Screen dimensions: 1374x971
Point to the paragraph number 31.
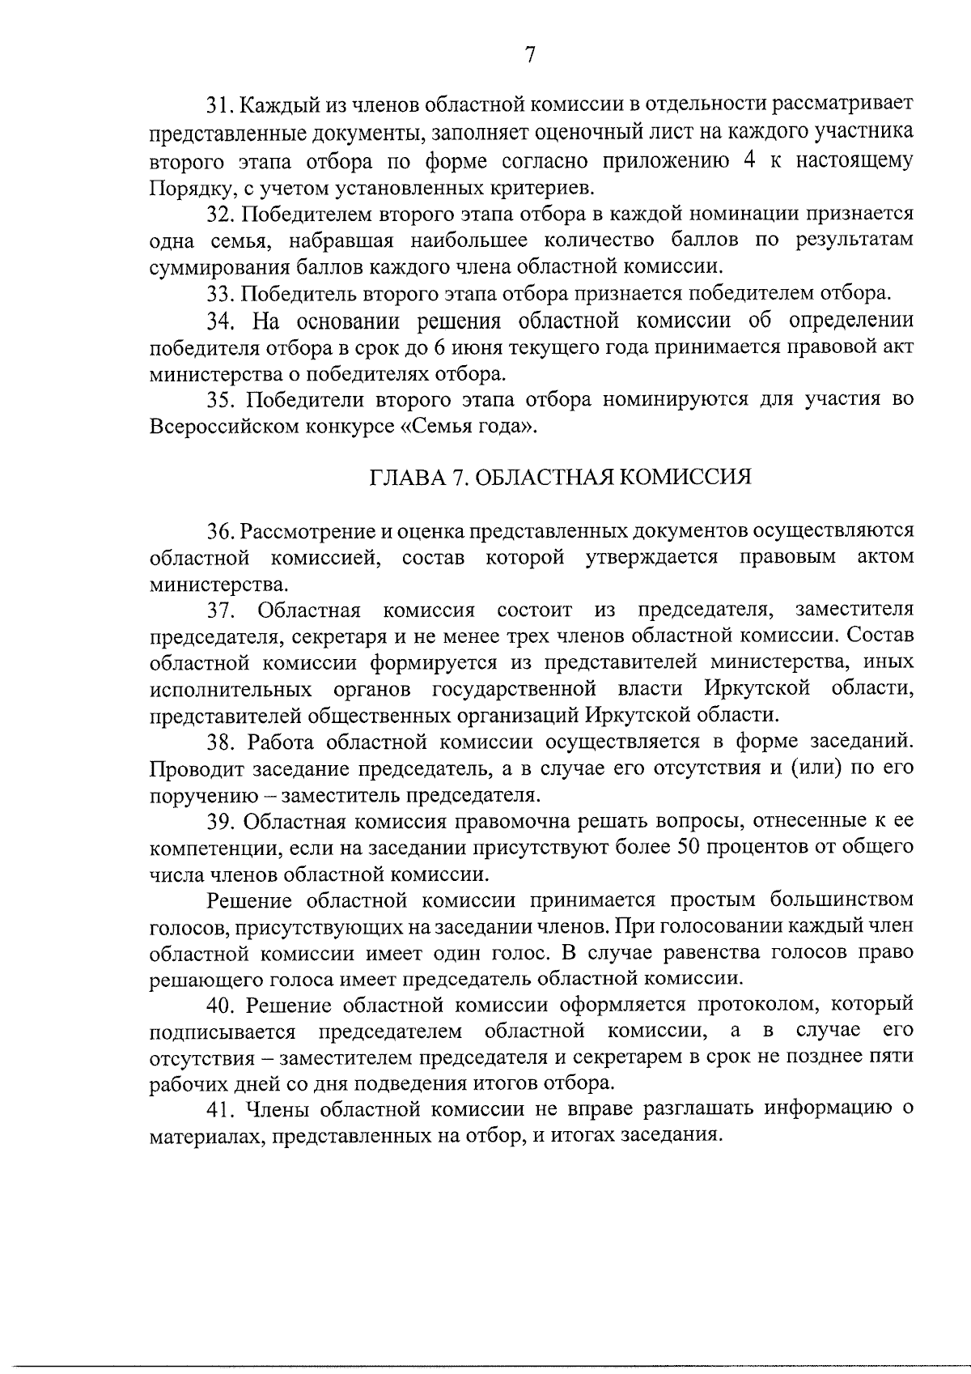220,104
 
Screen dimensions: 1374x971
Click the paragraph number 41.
220,1108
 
